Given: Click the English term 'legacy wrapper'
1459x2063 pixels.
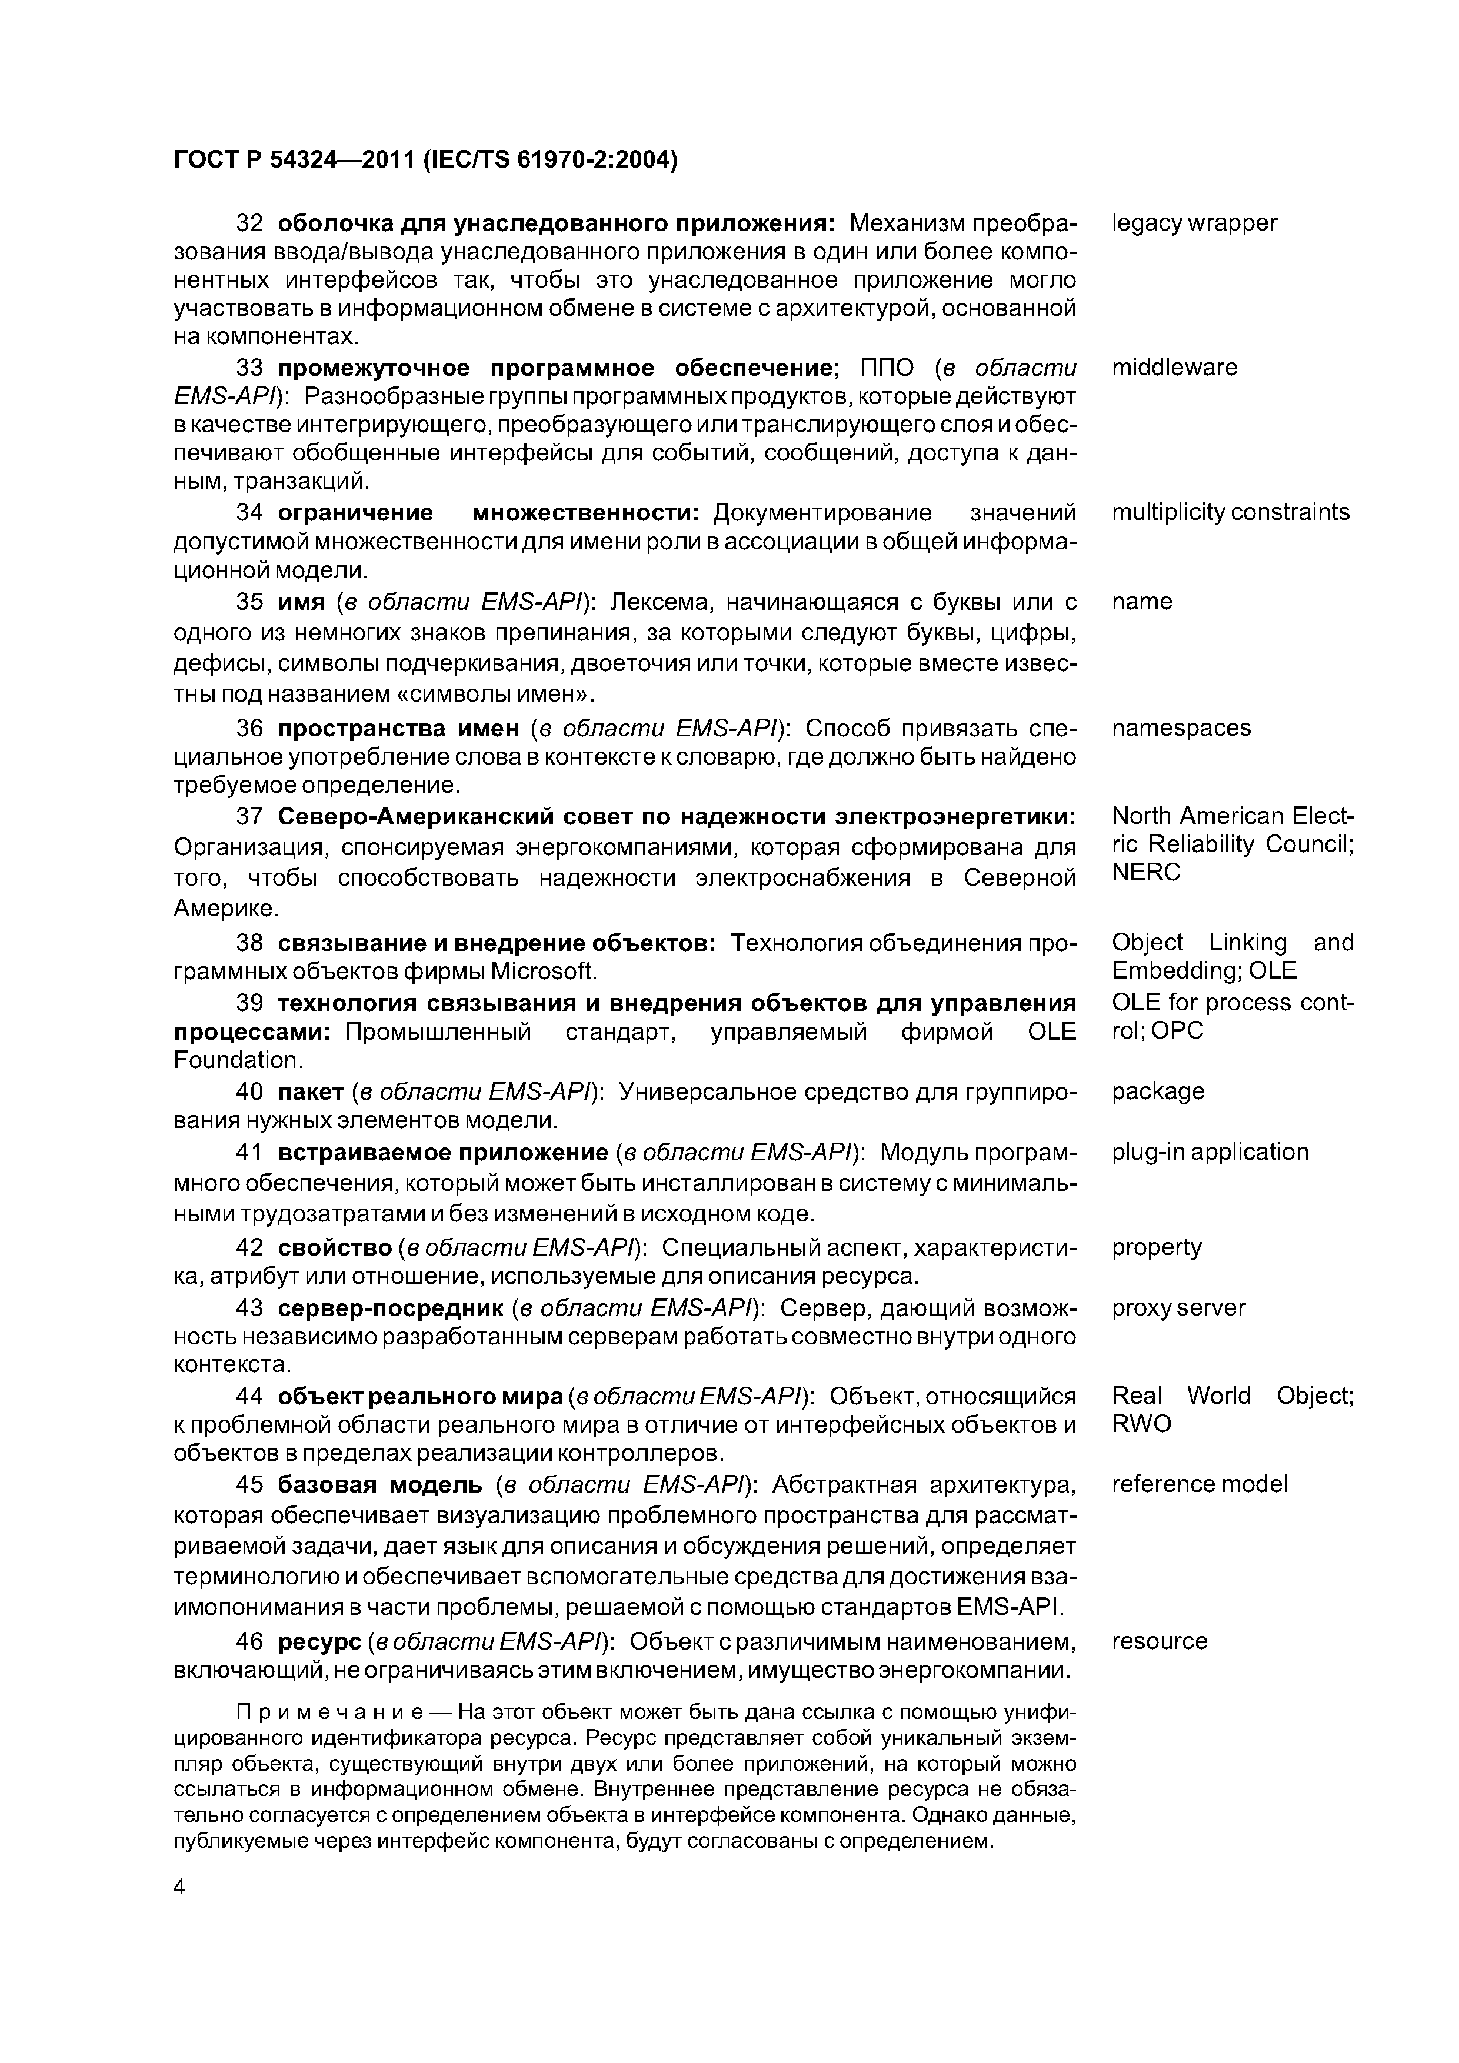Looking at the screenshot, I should click(x=1194, y=223).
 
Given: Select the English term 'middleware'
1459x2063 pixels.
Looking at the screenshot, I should click(x=1174, y=368).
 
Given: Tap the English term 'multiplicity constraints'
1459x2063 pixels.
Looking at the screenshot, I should click(x=1230, y=512).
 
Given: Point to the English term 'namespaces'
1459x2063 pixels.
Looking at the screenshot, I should click(x=1180, y=728).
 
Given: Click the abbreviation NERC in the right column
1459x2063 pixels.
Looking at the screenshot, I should click(x=1145, y=873).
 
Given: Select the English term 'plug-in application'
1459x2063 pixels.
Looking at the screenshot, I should click(x=1209, y=1152).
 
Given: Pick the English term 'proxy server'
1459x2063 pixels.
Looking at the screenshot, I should click(x=1178, y=1307).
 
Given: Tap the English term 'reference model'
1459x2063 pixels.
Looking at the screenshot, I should click(x=1199, y=1484).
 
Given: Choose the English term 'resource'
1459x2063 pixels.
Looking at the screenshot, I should click(x=1159, y=1641).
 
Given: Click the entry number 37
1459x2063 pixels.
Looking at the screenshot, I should click(x=249, y=817).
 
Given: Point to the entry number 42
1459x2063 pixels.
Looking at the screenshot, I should click(x=249, y=1247).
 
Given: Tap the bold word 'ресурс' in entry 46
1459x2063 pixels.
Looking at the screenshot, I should click(x=319, y=1641).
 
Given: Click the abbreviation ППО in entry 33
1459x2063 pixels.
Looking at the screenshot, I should click(x=887, y=368).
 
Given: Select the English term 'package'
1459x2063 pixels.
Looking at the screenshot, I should click(x=1158, y=1091).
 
